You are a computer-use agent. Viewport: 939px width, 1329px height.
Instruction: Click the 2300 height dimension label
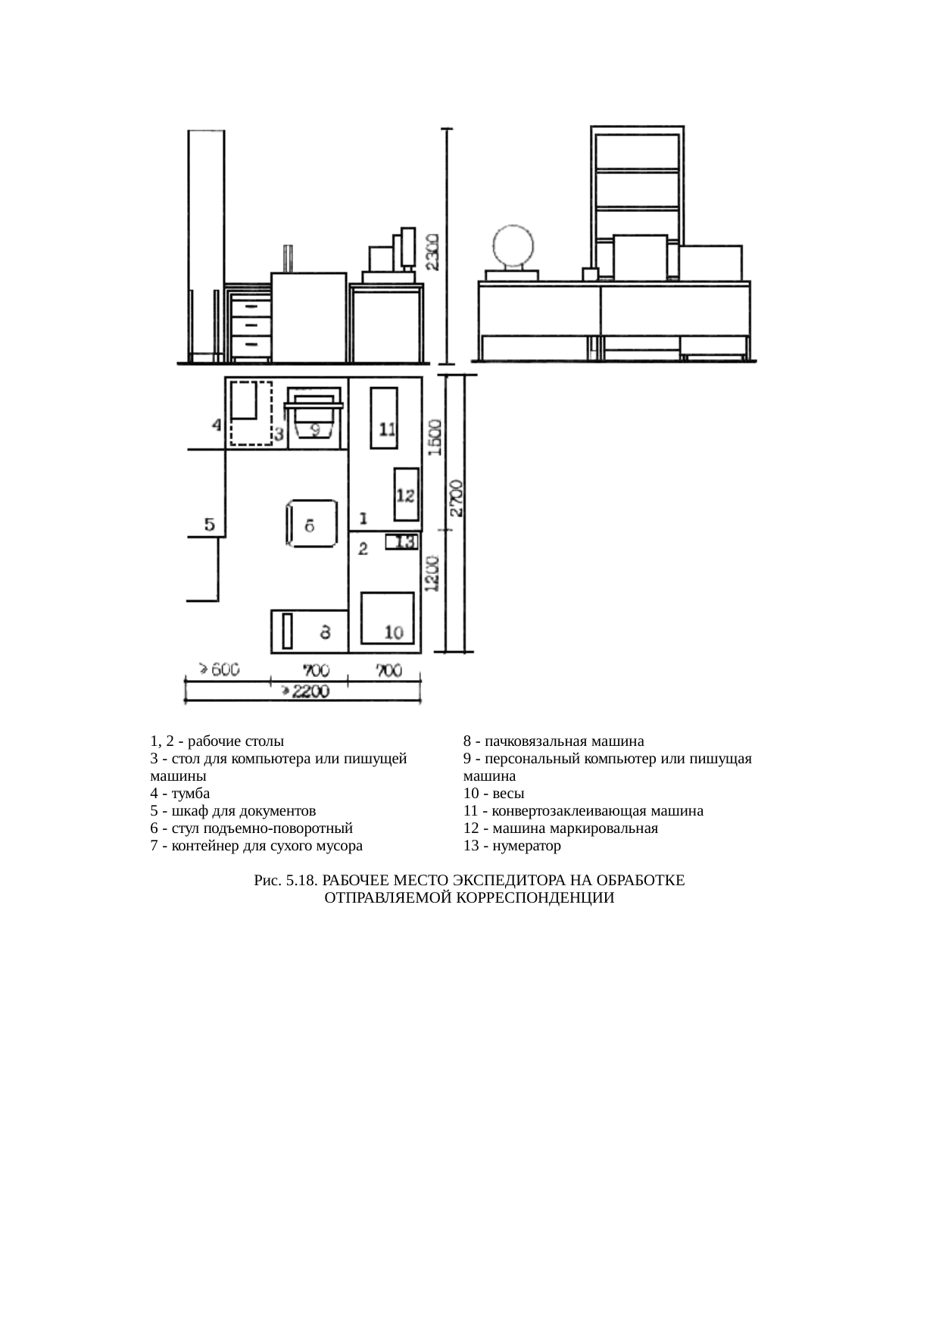click(x=431, y=251)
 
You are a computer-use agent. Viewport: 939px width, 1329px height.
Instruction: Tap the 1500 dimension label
click(x=435, y=436)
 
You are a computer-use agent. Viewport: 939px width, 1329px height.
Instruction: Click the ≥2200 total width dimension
click(x=305, y=690)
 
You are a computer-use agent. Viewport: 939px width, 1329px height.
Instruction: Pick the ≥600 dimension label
click(x=219, y=669)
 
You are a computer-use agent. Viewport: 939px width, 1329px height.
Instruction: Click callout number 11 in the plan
click(x=387, y=429)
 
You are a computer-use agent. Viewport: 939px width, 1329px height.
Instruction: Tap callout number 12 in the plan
click(x=405, y=495)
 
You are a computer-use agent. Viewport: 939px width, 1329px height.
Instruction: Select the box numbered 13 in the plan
click(x=402, y=542)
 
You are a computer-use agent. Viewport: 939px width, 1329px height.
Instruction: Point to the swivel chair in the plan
click(x=311, y=523)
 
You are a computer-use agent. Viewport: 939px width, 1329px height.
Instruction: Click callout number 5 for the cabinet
click(x=210, y=523)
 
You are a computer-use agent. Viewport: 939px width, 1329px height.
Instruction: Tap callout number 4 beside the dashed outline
click(x=217, y=425)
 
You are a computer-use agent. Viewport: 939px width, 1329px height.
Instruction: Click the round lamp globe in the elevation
click(x=513, y=248)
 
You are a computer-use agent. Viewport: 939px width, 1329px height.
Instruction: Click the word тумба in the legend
click(x=191, y=793)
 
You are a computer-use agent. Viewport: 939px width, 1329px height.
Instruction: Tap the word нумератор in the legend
click(x=526, y=845)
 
